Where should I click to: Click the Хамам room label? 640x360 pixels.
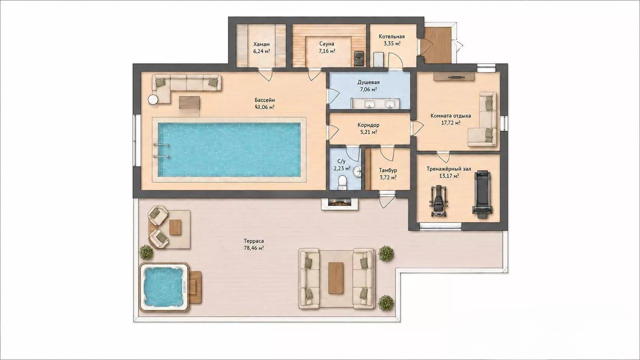pyautogui.click(x=261, y=44)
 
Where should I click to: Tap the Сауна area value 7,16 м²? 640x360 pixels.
pyautogui.click(x=327, y=51)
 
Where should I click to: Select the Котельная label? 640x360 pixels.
pyautogui.click(x=392, y=37)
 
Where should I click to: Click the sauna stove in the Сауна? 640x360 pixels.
pyautogui.click(x=359, y=59)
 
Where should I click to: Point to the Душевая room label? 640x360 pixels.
pyautogui.click(x=369, y=83)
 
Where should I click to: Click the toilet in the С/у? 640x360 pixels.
pyautogui.click(x=342, y=182)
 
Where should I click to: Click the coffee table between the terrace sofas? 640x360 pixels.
pyautogui.click(x=336, y=278)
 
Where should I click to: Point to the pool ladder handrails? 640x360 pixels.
pyautogui.click(x=162, y=151)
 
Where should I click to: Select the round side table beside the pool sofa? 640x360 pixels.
pyautogui.click(x=153, y=100)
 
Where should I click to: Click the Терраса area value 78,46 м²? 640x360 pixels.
pyautogui.click(x=254, y=248)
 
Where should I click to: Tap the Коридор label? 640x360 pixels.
pyautogui.click(x=368, y=125)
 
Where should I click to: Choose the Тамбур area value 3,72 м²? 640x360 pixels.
pyautogui.click(x=388, y=177)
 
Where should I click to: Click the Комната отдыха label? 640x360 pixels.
pyautogui.click(x=451, y=116)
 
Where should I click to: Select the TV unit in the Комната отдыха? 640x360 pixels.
pyautogui.click(x=454, y=77)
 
